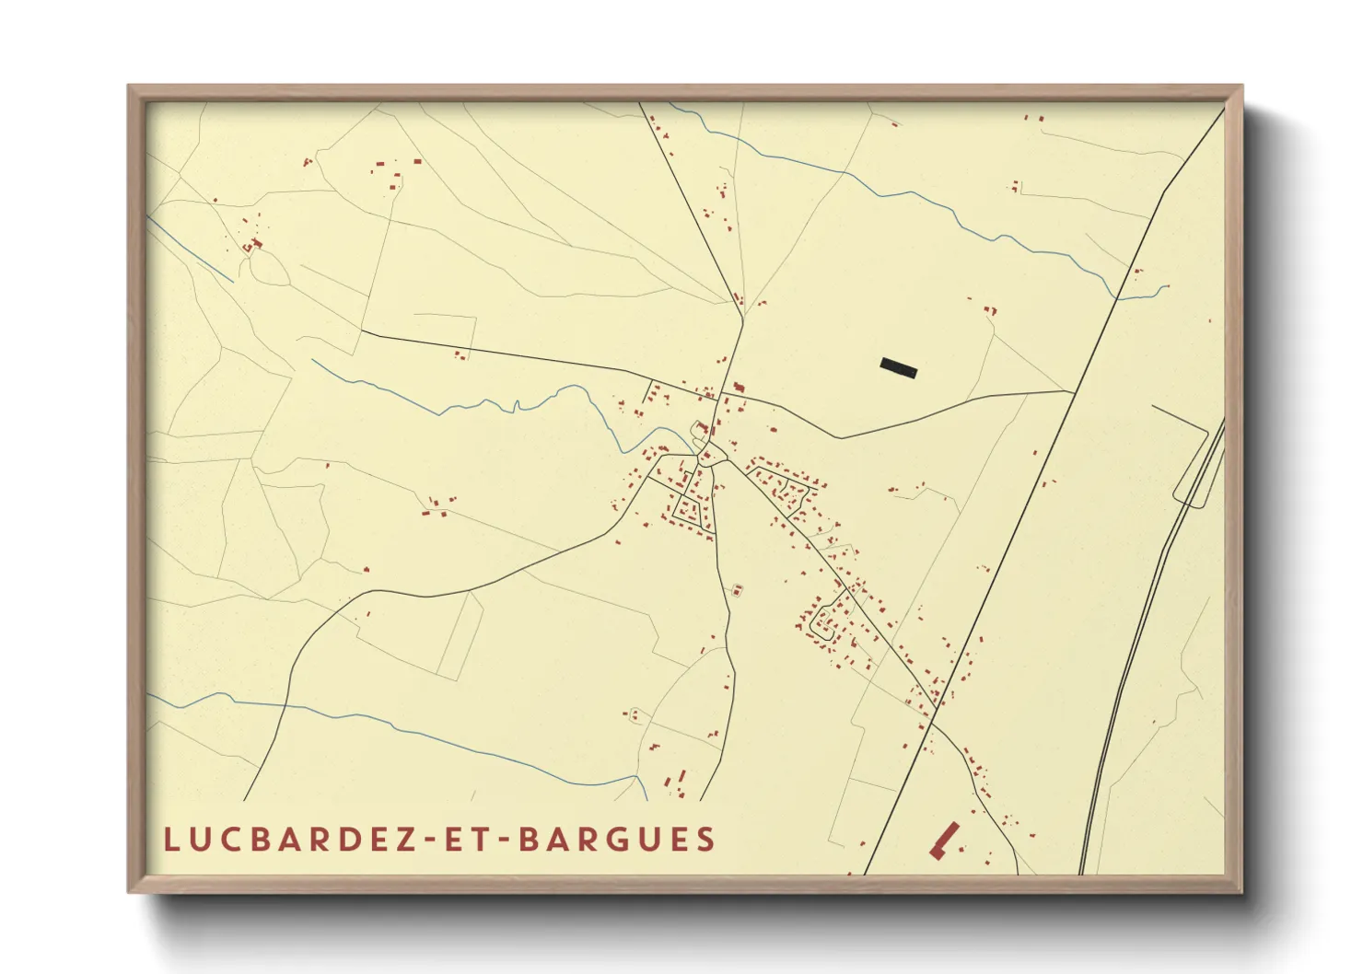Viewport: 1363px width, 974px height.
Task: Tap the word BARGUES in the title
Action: pos(616,840)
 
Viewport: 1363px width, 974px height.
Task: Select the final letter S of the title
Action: pos(706,840)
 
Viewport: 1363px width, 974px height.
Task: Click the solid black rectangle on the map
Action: pos(899,367)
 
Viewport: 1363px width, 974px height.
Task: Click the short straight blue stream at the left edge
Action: pos(189,249)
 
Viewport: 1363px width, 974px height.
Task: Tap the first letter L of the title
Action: pos(170,840)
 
